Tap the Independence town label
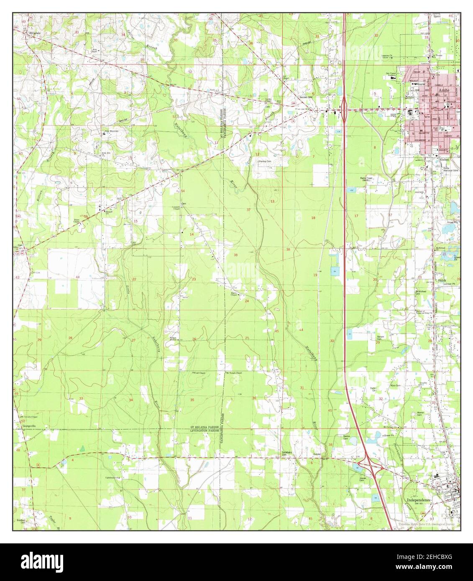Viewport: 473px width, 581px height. click(418, 499)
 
